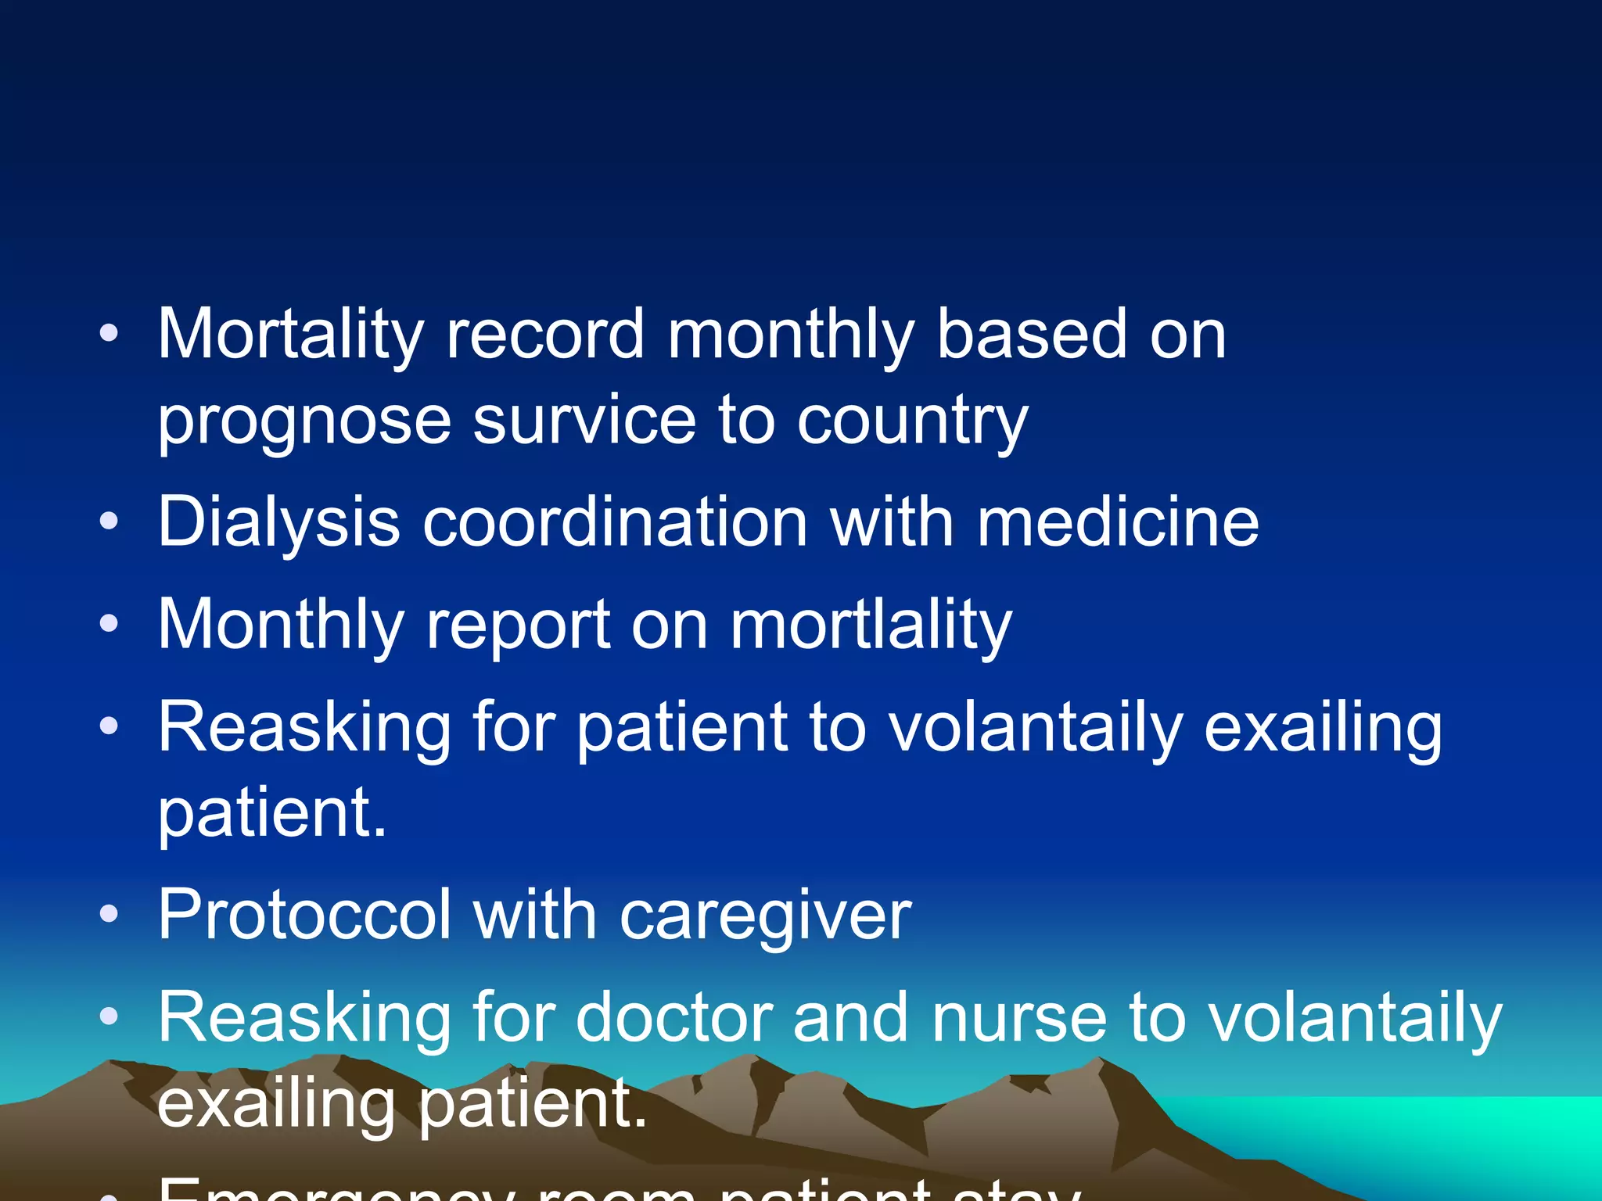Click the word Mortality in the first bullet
pos(290,335)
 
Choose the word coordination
pos(615,522)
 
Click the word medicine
pos(1118,522)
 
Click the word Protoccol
pos(305,915)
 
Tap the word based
pos(1032,335)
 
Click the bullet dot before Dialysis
pos(110,522)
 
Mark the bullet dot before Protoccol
pos(110,913)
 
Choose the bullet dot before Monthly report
pos(110,624)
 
